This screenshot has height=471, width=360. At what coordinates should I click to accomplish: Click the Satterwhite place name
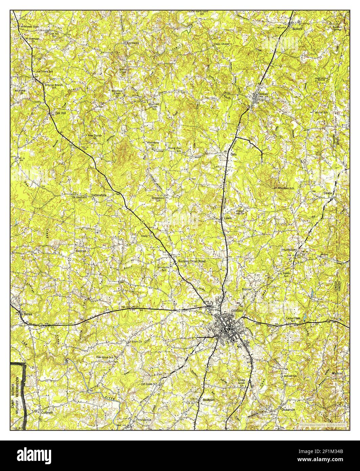click(99, 196)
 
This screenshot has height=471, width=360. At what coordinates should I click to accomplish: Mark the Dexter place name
click(329, 193)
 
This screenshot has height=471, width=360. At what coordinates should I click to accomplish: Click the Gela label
click(233, 154)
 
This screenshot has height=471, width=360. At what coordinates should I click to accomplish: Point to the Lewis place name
click(228, 218)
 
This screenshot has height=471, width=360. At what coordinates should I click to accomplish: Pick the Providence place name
click(144, 419)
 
